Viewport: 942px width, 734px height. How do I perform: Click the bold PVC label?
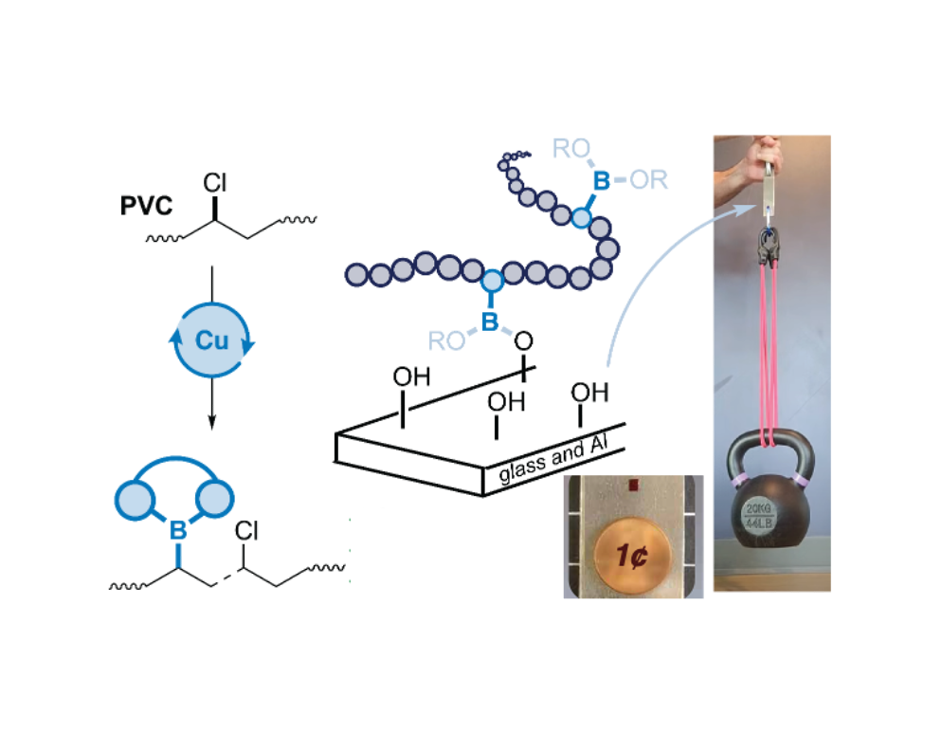coord(147,206)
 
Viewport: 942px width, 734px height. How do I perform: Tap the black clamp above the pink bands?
coord(770,249)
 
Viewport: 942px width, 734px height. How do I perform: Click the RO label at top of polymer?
coord(572,148)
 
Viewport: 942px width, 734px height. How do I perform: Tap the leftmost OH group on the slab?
coord(411,377)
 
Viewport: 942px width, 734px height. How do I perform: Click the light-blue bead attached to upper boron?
coord(579,219)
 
